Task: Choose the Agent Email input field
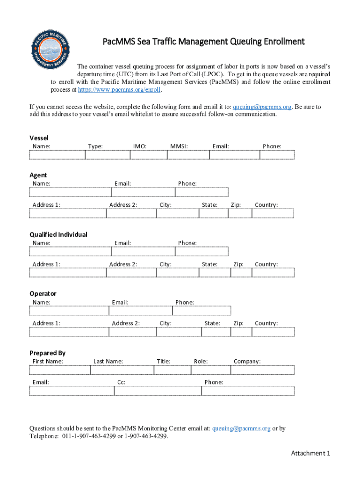coord(143,192)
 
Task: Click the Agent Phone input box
coord(202,192)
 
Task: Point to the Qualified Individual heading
coord(58,234)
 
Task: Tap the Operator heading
coord(43,294)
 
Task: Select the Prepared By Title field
coord(172,370)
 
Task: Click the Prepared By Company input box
coord(262,370)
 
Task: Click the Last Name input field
coord(122,370)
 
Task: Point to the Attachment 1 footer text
coord(310,453)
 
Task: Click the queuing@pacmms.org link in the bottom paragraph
coord(241,428)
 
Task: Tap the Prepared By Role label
coord(201,361)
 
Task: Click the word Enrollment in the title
coord(279,42)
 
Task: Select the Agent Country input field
coord(273,213)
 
